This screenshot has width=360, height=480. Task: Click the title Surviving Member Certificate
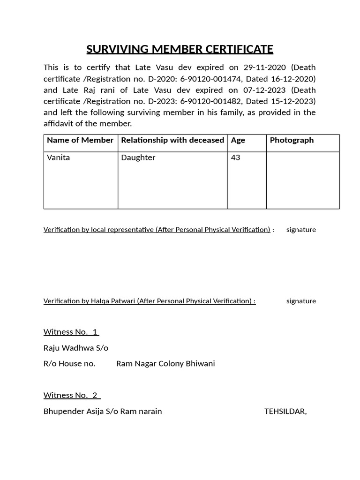(180, 49)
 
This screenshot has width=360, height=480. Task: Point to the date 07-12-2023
(265, 90)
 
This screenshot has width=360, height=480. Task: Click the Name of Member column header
(80, 140)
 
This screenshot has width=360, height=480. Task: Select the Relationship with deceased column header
(172, 140)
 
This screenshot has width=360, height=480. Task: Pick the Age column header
(238, 140)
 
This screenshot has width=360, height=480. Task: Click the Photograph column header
(292, 140)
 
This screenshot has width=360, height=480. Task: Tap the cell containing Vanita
(59, 157)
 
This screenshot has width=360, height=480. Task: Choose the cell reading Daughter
(138, 157)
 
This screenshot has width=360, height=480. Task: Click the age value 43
(236, 157)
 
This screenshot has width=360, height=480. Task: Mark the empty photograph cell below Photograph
(303, 180)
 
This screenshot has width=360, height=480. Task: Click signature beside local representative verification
(301, 230)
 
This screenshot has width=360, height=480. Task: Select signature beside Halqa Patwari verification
(301, 301)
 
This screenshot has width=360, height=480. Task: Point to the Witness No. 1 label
(71, 332)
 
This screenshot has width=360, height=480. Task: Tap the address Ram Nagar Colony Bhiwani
(165, 364)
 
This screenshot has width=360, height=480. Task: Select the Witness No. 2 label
(72, 395)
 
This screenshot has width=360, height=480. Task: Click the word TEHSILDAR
(285, 412)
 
